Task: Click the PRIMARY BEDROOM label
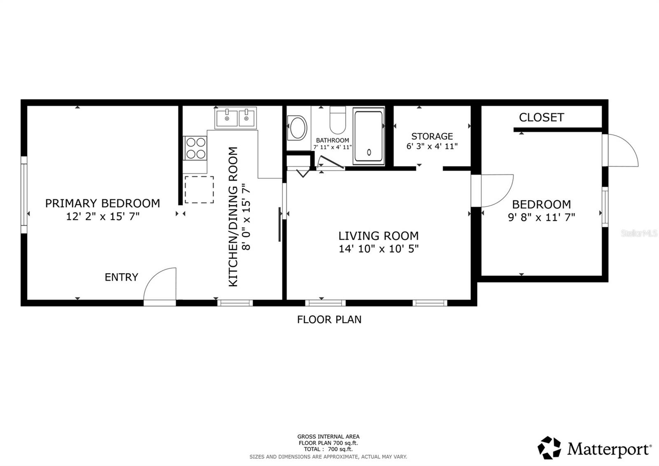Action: tap(103, 203)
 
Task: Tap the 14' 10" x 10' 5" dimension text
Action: tap(379, 249)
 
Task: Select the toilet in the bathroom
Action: tap(338, 120)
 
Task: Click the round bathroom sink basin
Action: tap(297, 127)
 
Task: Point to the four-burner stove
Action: tap(196, 148)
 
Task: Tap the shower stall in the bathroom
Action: tap(369, 136)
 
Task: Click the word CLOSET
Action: tap(541, 118)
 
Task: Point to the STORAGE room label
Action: tap(432, 136)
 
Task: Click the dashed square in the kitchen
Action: tap(199, 190)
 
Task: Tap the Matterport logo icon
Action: tap(549, 447)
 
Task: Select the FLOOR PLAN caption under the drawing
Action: tap(329, 320)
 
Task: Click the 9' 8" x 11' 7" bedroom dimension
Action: tap(541, 217)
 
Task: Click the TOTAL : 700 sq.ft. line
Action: tap(328, 449)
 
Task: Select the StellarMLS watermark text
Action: tap(639, 233)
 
